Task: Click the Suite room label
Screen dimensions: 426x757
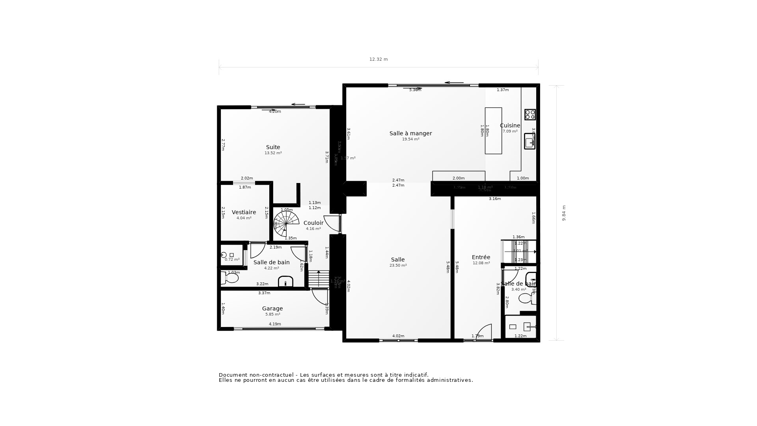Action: point(273,147)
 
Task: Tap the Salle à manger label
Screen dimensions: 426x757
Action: point(410,133)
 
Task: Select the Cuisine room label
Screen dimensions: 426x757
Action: point(510,125)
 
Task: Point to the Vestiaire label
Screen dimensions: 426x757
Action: point(244,212)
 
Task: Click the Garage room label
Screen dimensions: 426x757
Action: point(272,308)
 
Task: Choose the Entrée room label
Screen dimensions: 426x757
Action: point(481,257)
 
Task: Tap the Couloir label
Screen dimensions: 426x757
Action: point(313,223)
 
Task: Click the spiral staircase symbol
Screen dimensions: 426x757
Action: point(287,223)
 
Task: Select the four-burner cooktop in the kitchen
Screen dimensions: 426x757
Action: point(530,114)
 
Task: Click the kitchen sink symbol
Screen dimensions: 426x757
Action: point(530,141)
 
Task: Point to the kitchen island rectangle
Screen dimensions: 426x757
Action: point(493,131)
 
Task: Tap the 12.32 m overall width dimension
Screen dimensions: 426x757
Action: point(378,59)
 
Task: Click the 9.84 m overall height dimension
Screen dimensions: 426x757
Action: point(564,213)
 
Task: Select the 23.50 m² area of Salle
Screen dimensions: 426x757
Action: point(398,265)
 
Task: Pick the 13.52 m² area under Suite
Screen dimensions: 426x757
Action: point(273,153)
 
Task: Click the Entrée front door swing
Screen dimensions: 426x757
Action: point(485,332)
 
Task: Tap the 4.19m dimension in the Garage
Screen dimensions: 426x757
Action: point(275,324)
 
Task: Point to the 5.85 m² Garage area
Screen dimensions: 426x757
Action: point(272,314)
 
